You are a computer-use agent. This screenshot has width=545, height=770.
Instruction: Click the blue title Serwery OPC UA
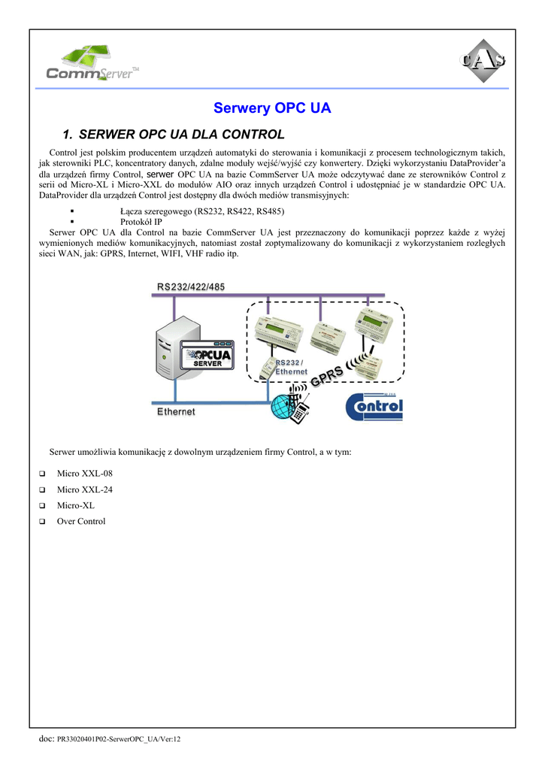(272, 108)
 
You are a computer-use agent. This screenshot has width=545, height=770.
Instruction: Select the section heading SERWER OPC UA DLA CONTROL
(181, 135)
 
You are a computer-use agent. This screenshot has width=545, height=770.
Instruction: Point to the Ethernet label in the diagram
(176, 411)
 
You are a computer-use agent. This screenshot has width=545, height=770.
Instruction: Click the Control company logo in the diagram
(374, 408)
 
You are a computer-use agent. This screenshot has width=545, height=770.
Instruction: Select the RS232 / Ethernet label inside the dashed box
(290, 367)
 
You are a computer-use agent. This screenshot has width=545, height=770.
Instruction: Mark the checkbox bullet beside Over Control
(43, 522)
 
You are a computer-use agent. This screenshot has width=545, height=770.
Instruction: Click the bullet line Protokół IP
(141, 222)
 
